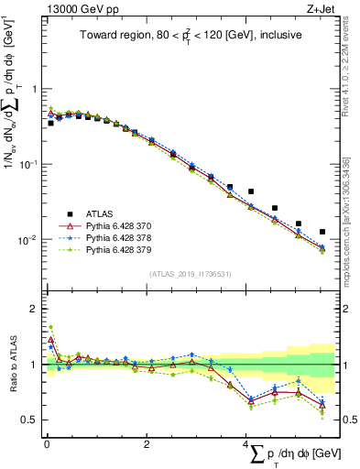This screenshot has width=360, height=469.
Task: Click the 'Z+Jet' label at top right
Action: pyautogui.click(x=321, y=9)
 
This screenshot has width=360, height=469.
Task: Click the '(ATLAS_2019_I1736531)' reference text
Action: pyautogui.click(x=189, y=274)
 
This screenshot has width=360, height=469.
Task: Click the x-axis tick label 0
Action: pyautogui.click(x=47, y=445)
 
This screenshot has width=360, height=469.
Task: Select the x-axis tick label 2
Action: pyautogui.click(x=147, y=445)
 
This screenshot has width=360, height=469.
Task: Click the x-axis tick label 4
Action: pyautogui.click(x=246, y=445)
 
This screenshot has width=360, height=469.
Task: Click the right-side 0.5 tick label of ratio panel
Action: pyautogui.click(x=349, y=420)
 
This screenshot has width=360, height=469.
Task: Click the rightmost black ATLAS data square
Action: pyautogui.click(x=322, y=232)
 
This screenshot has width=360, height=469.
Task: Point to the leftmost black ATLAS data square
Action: pyautogui.click(x=50, y=122)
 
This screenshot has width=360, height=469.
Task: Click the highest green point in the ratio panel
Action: pyautogui.click(x=50, y=327)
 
